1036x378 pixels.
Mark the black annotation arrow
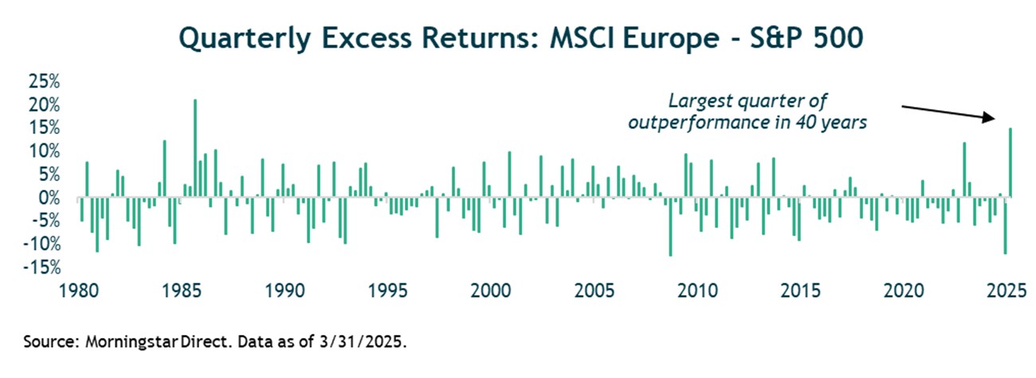[x=947, y=112]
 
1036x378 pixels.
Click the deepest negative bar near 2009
[x=670, y=226]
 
